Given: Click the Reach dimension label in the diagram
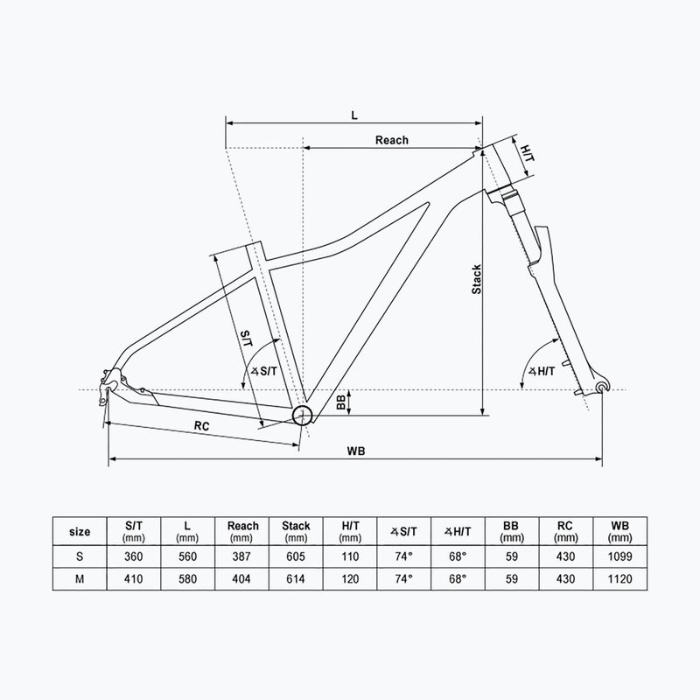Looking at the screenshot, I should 391,140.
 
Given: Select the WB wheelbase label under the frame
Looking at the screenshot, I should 355,451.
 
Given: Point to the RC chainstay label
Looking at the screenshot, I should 201,425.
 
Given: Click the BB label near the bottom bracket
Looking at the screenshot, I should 340,402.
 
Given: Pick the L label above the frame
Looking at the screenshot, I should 353,115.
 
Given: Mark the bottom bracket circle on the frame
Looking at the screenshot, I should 303,415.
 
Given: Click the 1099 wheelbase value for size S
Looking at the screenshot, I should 619,556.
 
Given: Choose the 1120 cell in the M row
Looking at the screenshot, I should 619,578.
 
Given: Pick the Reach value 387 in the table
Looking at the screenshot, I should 242,556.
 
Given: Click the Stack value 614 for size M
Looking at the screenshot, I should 296,578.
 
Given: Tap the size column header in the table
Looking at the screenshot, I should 79,531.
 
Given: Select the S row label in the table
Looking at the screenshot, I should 79,556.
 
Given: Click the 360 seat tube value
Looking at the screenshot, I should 135,556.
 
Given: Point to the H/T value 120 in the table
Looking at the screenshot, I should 349,578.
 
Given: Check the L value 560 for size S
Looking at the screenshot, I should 187,556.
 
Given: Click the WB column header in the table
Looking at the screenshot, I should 619,531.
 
